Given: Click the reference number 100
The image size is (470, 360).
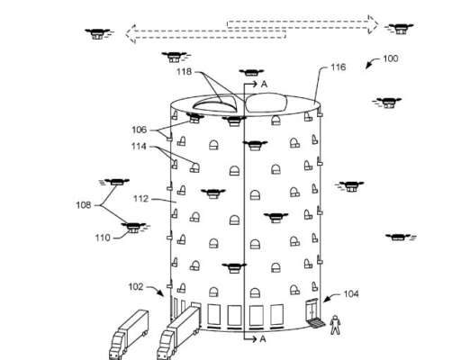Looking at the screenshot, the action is (x=391, y=58).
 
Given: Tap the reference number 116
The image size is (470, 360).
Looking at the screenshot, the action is (x=339, y=67).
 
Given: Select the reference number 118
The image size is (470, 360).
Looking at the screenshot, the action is (x=184, y=71).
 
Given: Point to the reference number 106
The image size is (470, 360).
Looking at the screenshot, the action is (x=140, y=130).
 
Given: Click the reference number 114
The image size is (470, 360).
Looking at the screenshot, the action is (x=139, y=146).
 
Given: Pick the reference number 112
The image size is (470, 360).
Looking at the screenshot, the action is (x=140, y=199).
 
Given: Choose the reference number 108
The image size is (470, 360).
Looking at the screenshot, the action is (x=84, y=205).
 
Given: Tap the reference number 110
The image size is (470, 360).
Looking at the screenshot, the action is (x=103, y=238).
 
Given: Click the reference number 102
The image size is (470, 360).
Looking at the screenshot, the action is (x=136, y=287).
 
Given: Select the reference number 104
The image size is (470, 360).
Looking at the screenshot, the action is (x=351, y=293).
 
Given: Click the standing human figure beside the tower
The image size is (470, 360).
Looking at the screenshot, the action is (x=335, y=325).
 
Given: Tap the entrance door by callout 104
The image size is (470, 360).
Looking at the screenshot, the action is (x=312, y=310).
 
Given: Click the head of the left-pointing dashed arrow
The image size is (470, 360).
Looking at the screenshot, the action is (x=131, y=34).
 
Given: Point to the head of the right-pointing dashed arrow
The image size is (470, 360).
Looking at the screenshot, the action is (x=373, y=24).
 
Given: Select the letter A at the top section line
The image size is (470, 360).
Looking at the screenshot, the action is (x=264, y=85).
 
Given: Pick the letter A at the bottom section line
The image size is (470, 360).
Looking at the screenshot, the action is (x=263, y=339).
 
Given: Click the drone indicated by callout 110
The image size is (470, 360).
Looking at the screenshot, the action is (x=133, y=228).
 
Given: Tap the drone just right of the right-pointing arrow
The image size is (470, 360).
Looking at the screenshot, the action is (x=400, y=29).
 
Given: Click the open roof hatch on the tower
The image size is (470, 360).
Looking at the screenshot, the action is (x=215, y=103).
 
